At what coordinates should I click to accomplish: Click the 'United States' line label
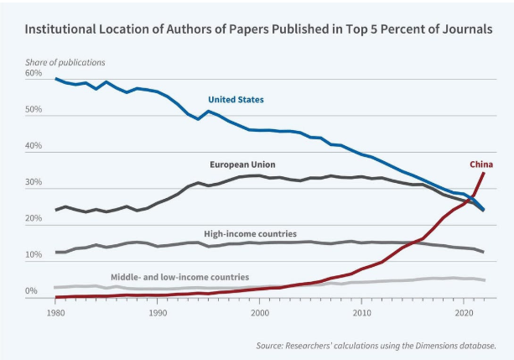coord(236,100)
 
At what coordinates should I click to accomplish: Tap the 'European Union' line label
coord(242,164)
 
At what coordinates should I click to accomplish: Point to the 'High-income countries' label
coord(250,233)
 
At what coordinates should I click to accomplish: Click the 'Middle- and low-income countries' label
coord(179,276)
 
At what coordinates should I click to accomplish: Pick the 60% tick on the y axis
coord(34,74)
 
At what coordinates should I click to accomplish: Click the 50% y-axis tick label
coord(34,110)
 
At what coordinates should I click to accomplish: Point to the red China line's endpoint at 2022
coord(484,173)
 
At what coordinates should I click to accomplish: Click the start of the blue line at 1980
coord(55,79)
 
